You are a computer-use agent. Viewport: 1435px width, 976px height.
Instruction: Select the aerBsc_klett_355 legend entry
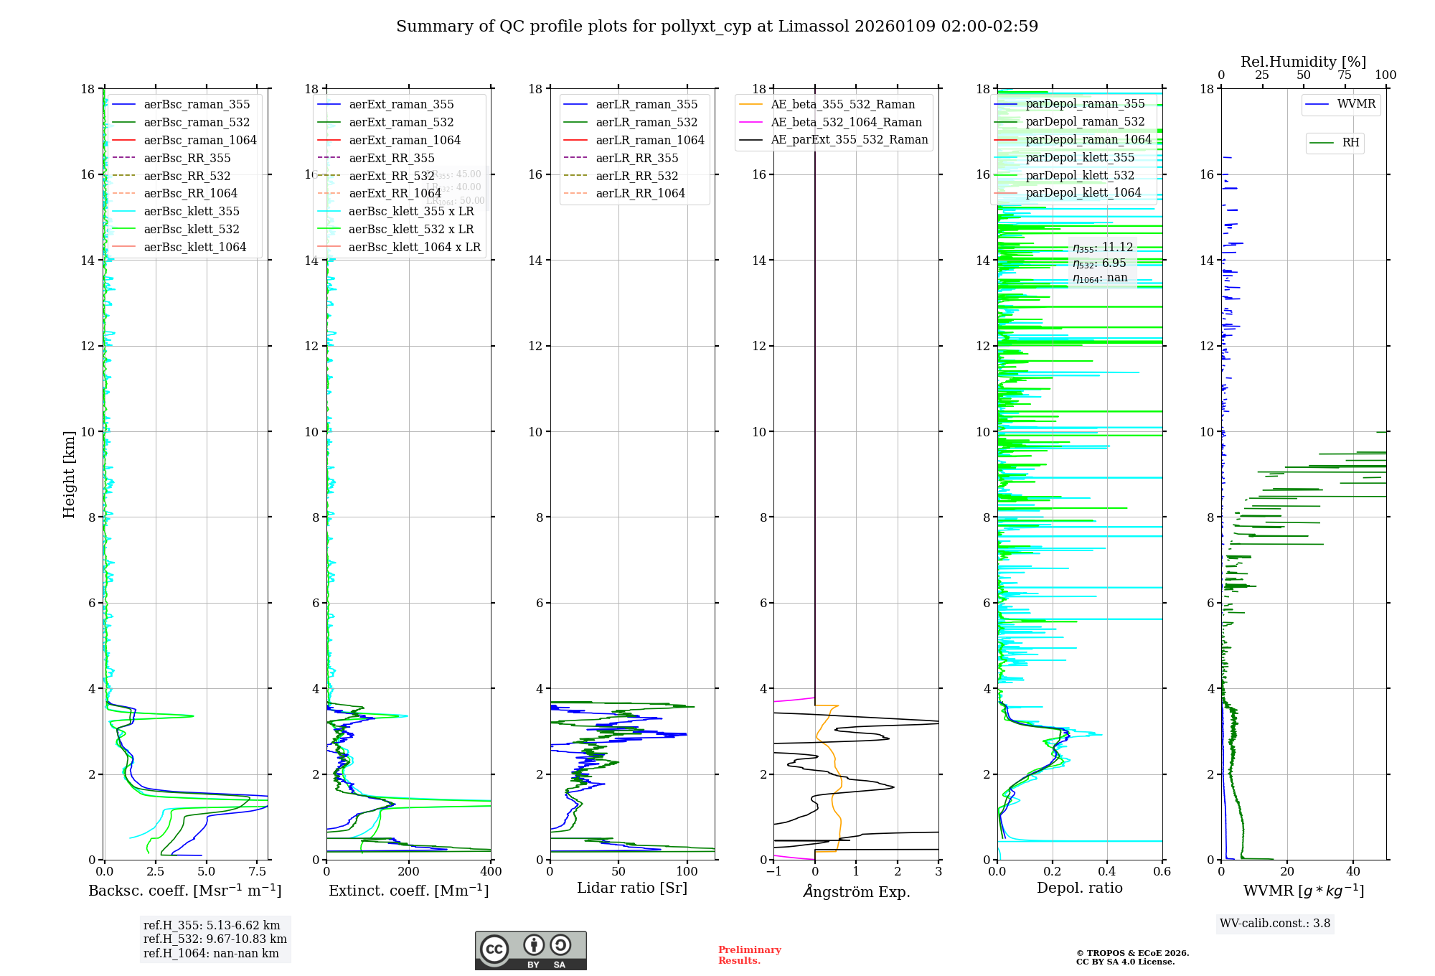192,211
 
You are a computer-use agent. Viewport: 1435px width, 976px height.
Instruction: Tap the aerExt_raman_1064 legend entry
405,140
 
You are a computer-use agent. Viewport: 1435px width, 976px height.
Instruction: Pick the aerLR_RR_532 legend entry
636,176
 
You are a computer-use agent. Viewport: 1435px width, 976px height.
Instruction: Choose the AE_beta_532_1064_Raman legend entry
846,122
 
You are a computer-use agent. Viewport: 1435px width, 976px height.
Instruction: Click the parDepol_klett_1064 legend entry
1083,192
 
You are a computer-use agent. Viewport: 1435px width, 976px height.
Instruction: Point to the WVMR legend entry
1356,104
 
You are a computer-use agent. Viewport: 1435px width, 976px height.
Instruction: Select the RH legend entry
1350,143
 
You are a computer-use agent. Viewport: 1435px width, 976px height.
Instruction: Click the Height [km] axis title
69,474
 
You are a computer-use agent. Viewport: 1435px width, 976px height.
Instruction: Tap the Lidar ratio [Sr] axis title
632,888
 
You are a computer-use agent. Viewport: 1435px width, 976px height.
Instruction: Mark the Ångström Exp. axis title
856,891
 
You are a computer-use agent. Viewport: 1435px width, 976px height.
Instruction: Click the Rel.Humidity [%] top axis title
1303,62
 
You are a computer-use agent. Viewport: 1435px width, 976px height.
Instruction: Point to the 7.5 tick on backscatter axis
258,872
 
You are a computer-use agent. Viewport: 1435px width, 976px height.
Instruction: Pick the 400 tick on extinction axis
491,872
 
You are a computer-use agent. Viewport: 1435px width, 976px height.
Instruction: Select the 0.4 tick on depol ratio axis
1107,872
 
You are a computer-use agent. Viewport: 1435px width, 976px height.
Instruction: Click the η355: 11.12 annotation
1103,248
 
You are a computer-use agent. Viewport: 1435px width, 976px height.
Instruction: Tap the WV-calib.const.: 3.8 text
1275,924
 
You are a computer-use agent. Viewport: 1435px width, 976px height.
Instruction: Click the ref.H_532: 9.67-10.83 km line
215,939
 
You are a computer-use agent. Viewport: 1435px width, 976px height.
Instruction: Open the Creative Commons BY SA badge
530,950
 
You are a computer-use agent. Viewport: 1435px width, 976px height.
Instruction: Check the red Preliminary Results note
749,955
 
